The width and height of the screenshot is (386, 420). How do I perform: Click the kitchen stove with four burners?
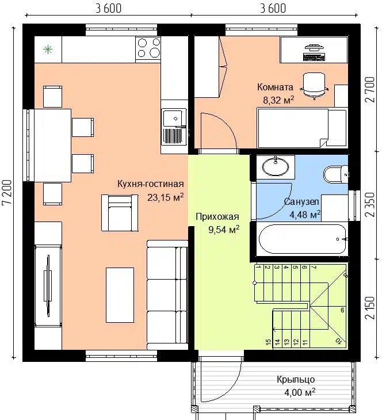[148, 49]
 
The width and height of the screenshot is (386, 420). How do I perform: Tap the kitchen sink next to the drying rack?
[174, 118]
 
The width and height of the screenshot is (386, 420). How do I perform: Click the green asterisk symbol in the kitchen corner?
[48, 49]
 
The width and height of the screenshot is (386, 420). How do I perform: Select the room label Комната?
[275, 87]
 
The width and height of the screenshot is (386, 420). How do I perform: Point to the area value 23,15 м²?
[166, 197]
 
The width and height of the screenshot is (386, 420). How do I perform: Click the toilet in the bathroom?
[336, 174]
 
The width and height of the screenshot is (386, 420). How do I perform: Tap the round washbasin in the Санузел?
[276, 167]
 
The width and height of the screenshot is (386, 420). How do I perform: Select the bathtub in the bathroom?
[302, 239]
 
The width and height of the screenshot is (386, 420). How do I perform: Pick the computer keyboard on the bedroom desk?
[314, 56]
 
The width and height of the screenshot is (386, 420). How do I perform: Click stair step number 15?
[268, 342]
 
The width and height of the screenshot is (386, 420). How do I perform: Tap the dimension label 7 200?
[8, 193]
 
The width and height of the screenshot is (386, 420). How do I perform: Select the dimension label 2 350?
[370, 205]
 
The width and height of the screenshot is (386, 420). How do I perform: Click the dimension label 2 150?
[370, 307]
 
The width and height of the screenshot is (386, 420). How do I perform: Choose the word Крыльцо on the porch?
[296, 380]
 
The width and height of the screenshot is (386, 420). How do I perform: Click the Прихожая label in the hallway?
[217, 216]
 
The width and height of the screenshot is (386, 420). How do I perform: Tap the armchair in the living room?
[120, 213]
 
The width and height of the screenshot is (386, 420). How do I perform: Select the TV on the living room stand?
[48, 286]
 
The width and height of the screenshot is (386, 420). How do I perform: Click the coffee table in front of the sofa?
[120, 295]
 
